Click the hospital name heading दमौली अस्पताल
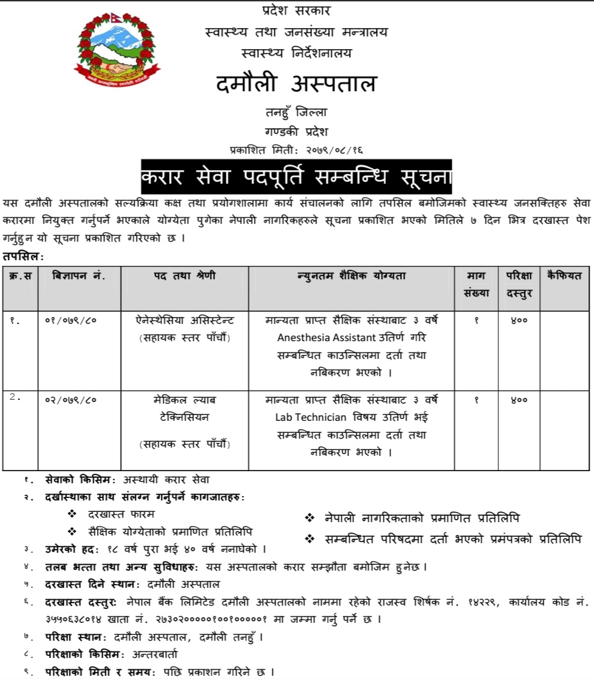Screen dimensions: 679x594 coord(296,84)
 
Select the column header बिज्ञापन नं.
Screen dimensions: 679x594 coord(79,275)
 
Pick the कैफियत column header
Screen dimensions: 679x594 coord(564,275)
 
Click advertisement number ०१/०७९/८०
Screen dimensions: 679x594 coord(70,320)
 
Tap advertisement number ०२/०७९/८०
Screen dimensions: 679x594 coord(70,400)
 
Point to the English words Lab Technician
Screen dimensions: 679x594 coord(311,418)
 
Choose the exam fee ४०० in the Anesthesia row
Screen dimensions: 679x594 coord(519,320)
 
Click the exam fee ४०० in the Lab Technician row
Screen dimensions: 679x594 coord(519,400)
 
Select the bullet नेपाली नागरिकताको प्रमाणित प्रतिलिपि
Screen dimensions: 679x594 coord(417,519)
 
